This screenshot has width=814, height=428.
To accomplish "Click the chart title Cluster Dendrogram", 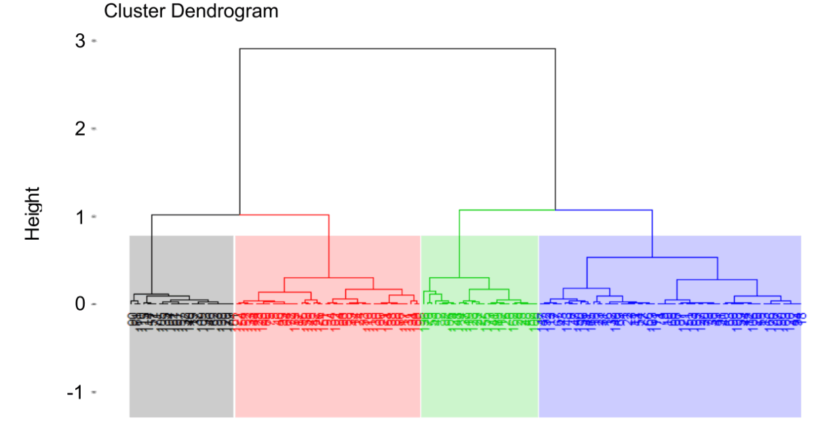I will pyautogui.click(x=191, y=12).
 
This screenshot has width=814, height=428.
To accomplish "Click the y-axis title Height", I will pyautogui.click(x=33, y=213).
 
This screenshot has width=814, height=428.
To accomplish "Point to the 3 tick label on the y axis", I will pyautogui.click(x=80, y=41).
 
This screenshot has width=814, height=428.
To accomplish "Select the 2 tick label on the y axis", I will pyautogui.click(x=80, y=128).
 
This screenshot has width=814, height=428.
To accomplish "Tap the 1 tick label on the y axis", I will pyautogui.click(x=80, y=217).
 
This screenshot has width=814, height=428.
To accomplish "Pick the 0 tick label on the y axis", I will pyautogui.click(x=80, y=304).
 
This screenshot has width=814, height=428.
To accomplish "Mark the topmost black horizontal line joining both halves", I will pyautogui.click(x=398, y=49).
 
